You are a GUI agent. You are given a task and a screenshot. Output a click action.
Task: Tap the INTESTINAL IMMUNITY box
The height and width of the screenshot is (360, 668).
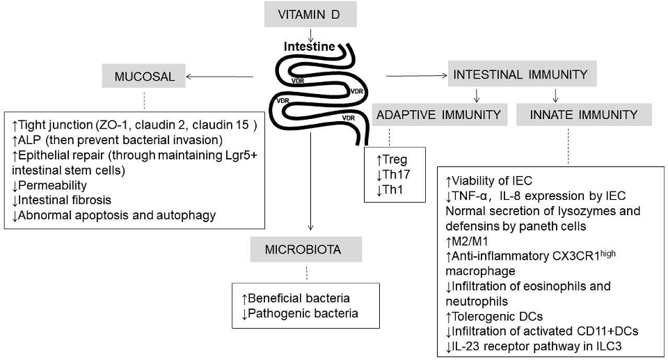pyautogui.click(x=520, y=75)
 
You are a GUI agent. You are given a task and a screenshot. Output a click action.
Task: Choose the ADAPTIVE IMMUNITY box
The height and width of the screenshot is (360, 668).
pyautogui.click(x=438, y=114)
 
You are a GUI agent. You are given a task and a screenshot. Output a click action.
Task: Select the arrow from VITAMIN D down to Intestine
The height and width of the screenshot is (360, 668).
pyautogui.click(x=311, y=33)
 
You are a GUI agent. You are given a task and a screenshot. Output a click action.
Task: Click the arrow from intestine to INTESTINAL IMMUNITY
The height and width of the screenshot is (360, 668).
pyautogui.click(x=414, y=75)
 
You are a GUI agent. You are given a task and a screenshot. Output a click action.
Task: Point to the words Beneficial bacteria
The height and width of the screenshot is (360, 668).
pyautogui.click(x=301, y=298)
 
